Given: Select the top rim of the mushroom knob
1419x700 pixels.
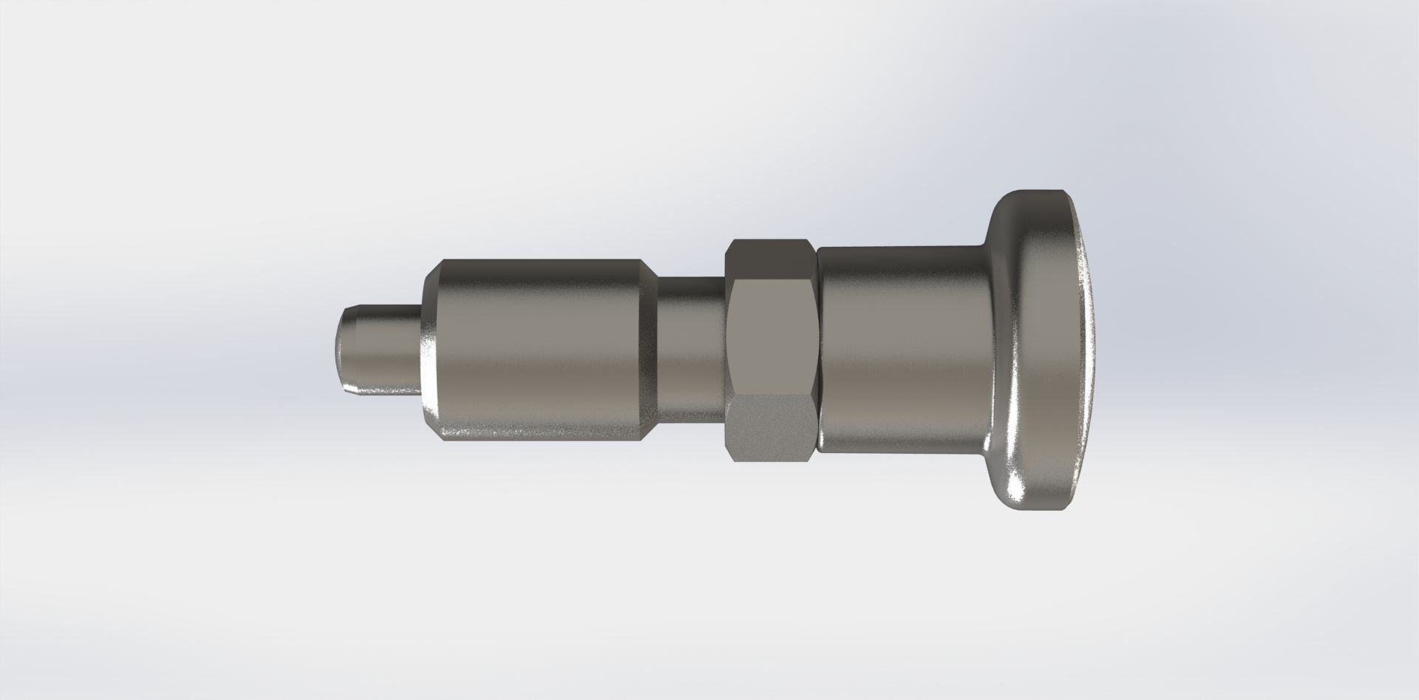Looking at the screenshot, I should (x=1035, y=194).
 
